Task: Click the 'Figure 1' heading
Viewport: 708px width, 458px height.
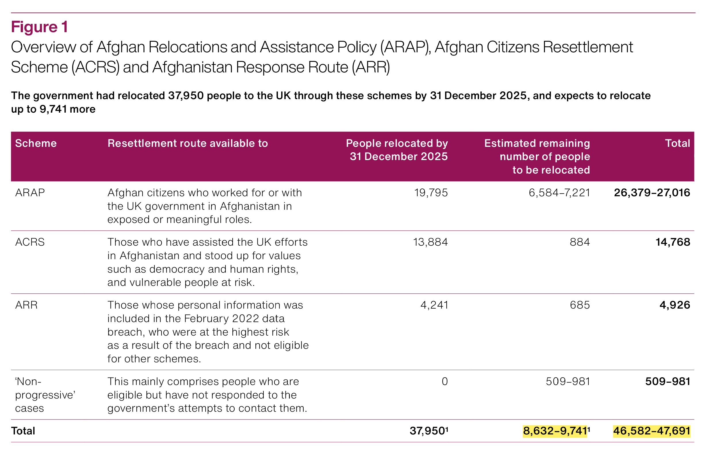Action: pos(40,27)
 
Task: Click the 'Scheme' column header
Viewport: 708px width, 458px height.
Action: pos(36,143)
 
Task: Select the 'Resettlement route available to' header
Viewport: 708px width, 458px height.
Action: pos(187,143)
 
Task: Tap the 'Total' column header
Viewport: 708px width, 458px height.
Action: pos(677,143)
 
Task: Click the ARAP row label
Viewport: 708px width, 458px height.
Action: pos(30,193)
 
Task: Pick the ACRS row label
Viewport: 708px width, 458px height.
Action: pos(30,242)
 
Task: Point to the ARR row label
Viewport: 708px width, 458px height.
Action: pos(26,305)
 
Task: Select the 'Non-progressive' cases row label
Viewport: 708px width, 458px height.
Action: pos(45,395)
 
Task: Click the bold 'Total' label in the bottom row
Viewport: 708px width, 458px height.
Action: pos(23,431)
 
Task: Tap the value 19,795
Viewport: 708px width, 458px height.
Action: pos(431,193)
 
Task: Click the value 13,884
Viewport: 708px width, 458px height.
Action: pos(430,242)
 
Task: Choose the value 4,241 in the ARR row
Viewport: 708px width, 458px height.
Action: pos(434,305)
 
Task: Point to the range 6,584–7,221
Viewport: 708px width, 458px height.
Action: pos(559,193)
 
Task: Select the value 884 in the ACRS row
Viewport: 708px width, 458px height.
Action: pos(579,242)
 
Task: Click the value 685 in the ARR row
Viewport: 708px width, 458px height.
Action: pos(579,305)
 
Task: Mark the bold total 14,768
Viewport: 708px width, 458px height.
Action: pos(673,242)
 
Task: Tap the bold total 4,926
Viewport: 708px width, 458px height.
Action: pos(674,305)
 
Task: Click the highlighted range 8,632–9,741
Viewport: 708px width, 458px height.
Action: pos(555,431)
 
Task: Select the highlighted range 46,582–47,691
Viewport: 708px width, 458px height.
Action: pos(651,431)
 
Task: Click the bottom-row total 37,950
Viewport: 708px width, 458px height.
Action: pos(427,431)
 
